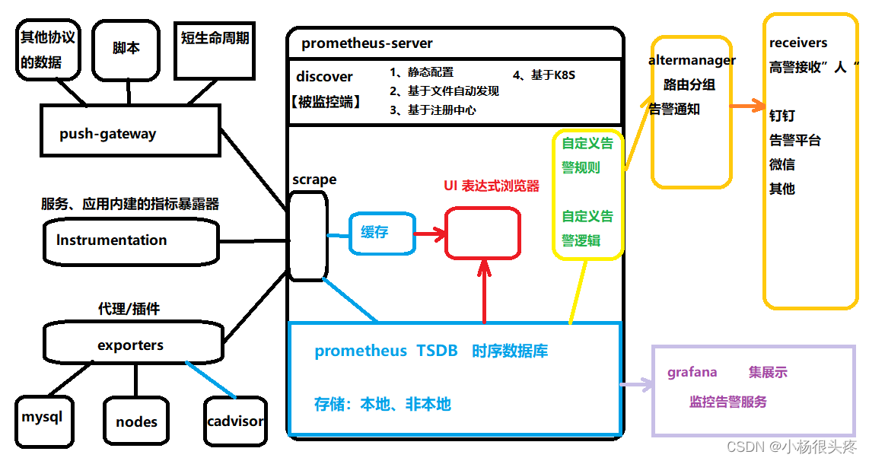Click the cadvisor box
point(235,421)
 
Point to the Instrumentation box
point(131,241)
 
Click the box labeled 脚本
point(126,49)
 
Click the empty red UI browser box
point(482,232)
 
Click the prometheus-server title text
point(367,43)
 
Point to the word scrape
point(314,180)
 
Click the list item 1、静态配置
point(422,72)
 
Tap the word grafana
point(692,372)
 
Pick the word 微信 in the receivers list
point(782,164)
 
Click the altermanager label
point(692,60)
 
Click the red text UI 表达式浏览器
point(491,186)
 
